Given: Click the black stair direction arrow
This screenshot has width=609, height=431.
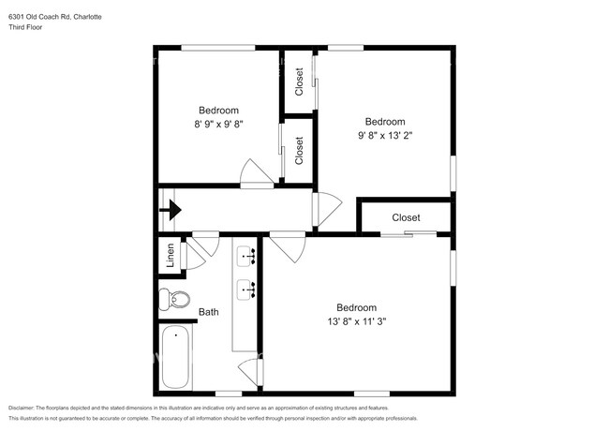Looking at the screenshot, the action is [171, 210].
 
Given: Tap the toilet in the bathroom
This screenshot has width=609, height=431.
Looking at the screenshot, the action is [174, 299].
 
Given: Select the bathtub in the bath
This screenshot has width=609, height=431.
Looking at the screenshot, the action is [175, 357].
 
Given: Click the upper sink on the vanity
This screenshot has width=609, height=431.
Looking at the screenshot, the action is [245, 257].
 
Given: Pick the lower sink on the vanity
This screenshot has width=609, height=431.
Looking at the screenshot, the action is [245, 290].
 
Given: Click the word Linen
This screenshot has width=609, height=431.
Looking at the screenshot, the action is [171, 255].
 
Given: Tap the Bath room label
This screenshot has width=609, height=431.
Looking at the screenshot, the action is [209, 312].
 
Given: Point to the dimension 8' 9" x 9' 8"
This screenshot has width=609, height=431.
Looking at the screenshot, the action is [218, 125].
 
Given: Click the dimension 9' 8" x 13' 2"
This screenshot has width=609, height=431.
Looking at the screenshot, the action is [385, 136].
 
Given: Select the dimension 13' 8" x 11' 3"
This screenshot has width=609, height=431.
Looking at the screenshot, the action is [357, 321].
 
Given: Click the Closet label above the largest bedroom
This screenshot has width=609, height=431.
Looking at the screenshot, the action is [406, 217].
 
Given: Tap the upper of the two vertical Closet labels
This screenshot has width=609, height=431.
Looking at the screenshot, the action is [299, 82].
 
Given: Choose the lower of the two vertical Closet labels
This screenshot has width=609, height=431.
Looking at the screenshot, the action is [299, 151].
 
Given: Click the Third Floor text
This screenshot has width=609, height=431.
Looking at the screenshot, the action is [25, 27].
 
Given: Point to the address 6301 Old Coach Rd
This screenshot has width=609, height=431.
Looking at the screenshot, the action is [39, 17].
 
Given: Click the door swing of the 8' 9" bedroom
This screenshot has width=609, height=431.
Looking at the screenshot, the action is [257, 173].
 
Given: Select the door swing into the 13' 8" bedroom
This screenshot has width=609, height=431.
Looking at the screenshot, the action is [288, 247].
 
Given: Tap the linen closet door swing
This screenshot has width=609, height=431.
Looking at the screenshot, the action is [193, 256].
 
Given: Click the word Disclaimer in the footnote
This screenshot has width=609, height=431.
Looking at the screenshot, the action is [22, 409].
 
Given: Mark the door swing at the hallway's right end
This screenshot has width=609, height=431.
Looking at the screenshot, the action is [327, 209].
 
